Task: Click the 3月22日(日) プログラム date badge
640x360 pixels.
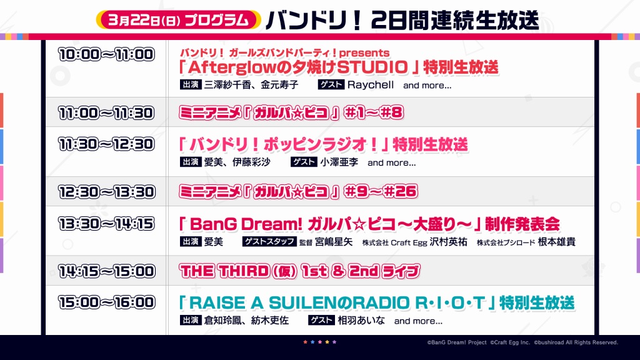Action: [x=178, y=20]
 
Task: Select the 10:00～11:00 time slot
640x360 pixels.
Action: [x=106, y=54]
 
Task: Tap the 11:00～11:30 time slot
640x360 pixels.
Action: [x=106, y=113]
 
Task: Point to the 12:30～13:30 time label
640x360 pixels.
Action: [x=106, y=192]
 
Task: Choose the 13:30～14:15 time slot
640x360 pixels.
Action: [x=106, y=224]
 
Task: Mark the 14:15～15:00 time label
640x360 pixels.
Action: [x=106, y=271]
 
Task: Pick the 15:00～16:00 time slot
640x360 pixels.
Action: [x=106, y=302]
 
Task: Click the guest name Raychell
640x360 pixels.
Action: [x=371, y=85]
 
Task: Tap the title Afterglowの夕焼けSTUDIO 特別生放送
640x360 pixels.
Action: [x=339, y=67]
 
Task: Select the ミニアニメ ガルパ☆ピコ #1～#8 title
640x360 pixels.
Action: [x=291, y=112]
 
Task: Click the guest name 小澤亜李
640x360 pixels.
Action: [x=339, y=162]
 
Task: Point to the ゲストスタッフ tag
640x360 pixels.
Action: [x=269, y=241]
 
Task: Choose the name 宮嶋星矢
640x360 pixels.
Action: [x=334, y=242]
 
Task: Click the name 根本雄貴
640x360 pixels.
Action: [x=557, y=242]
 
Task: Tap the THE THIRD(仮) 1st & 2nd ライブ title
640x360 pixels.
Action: [x=299, y=271]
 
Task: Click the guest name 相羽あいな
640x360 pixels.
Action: [x=361, y=321]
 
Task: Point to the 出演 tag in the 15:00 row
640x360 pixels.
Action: [x=191, y=321]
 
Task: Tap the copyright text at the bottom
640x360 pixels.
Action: [x=522, y=342]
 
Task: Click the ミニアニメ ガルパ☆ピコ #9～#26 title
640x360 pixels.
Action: [x=298, y=191]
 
